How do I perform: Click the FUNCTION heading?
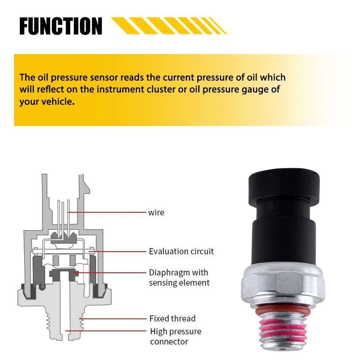61,26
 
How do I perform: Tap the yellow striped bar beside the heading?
169,25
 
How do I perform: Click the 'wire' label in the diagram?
156,213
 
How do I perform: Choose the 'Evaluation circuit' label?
181,251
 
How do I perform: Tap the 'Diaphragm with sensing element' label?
179,277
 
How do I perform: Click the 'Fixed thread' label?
172,319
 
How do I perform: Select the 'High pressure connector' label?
175,336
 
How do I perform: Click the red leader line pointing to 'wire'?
109,212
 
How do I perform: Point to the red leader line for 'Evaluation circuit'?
120,251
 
